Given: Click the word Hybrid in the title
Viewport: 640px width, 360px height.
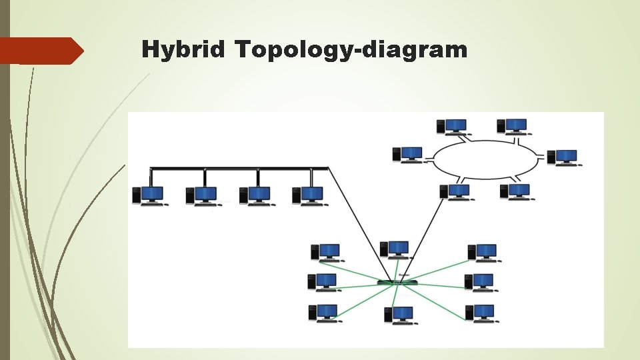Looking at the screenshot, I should (184, 50).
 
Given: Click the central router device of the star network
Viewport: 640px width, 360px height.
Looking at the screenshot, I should (397, 283).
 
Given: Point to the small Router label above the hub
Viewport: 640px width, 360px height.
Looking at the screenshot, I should (404, 275).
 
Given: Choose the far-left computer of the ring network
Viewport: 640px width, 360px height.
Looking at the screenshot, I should (408, 154).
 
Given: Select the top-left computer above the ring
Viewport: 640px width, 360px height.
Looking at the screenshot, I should (452, 126).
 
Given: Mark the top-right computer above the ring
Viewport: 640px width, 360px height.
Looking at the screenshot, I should (512, 126).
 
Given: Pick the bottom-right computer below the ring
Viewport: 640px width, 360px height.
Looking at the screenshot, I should (515, 191).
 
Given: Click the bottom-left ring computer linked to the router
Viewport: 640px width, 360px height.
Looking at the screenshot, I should (455, 191).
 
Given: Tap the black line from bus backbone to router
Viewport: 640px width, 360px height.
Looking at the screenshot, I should (360, 220).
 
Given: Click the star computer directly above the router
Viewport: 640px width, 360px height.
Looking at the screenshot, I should (394, 249).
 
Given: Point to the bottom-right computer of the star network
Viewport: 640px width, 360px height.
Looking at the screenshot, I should (480, 313).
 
